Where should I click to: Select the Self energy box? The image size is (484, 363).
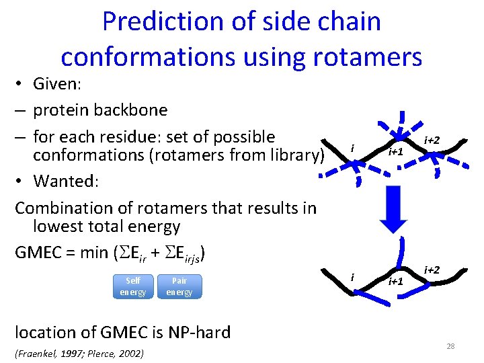(x=132, y=286)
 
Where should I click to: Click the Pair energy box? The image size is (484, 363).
(x=179, y=286)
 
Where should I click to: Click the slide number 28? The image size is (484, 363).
(x=450, y=346)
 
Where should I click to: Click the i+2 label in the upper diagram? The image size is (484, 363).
(x=432, y=140)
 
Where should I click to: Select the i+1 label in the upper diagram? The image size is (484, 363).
(x=397, y=151)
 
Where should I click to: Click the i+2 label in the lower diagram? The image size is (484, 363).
(x=432, y=270)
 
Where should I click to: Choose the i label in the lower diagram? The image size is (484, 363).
(x=352, y=276)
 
